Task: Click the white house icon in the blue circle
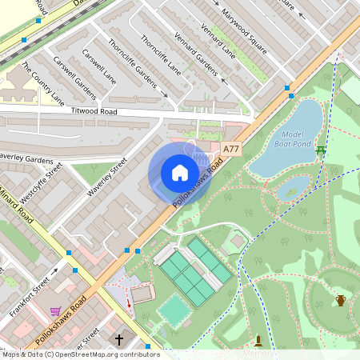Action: (180, 173)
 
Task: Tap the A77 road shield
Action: (231, 150)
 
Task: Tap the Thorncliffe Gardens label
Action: (132, 65)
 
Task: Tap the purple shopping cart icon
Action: (55, 310)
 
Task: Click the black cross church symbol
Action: (119, 340)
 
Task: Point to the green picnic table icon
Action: (321, 150)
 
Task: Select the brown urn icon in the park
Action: (341, 301)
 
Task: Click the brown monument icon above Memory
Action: (258, 341)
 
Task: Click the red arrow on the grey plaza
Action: (130, 304)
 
